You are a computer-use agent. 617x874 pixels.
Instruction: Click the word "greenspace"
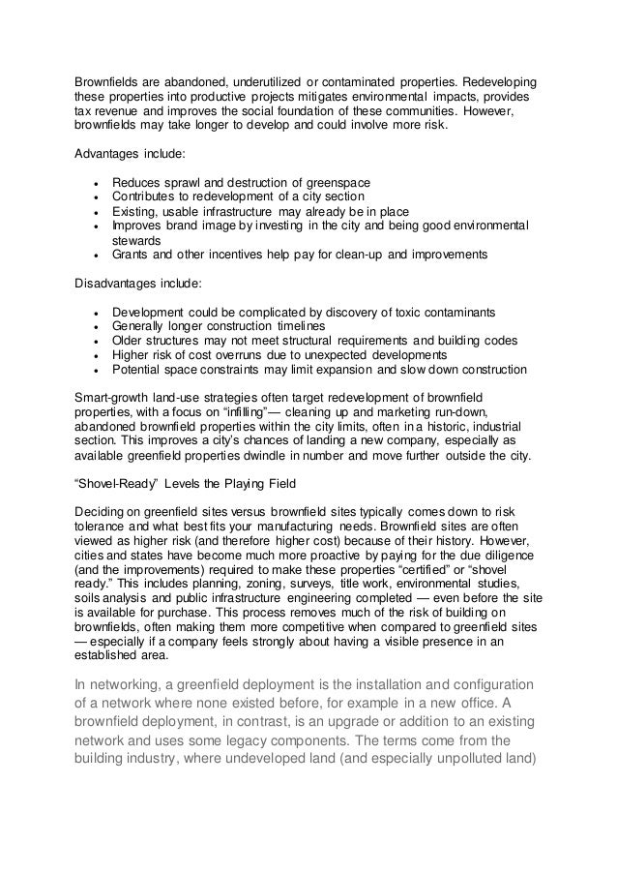[336, 182]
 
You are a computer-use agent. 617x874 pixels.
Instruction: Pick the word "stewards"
[137, 240]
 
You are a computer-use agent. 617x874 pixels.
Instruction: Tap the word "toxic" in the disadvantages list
[406, 312]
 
